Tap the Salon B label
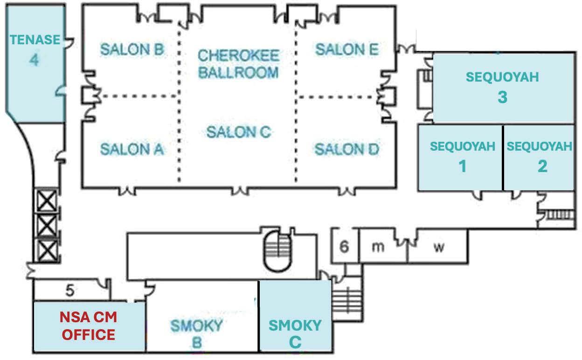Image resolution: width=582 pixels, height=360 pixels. tap(132, 49)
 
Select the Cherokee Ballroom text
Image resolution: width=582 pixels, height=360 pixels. tap(238, 63)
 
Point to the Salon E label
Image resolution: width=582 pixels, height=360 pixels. tap(346, 49)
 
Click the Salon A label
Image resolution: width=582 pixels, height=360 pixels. tap(132, 149)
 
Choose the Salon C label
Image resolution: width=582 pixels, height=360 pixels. tap(238, 132)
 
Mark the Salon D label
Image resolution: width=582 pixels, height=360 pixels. tap(346, 149)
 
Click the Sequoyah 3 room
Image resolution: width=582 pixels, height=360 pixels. tap(502, 88)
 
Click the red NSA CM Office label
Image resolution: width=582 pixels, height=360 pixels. tap(89, 326)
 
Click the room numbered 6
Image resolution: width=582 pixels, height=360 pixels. tap(344, 247)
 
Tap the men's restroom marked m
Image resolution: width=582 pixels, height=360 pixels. tap(378, 247)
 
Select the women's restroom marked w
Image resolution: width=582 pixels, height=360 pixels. tap(438, 247)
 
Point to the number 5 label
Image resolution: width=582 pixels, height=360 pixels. tap(69, 291)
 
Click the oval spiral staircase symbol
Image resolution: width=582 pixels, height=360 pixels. tap(277, 249)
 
